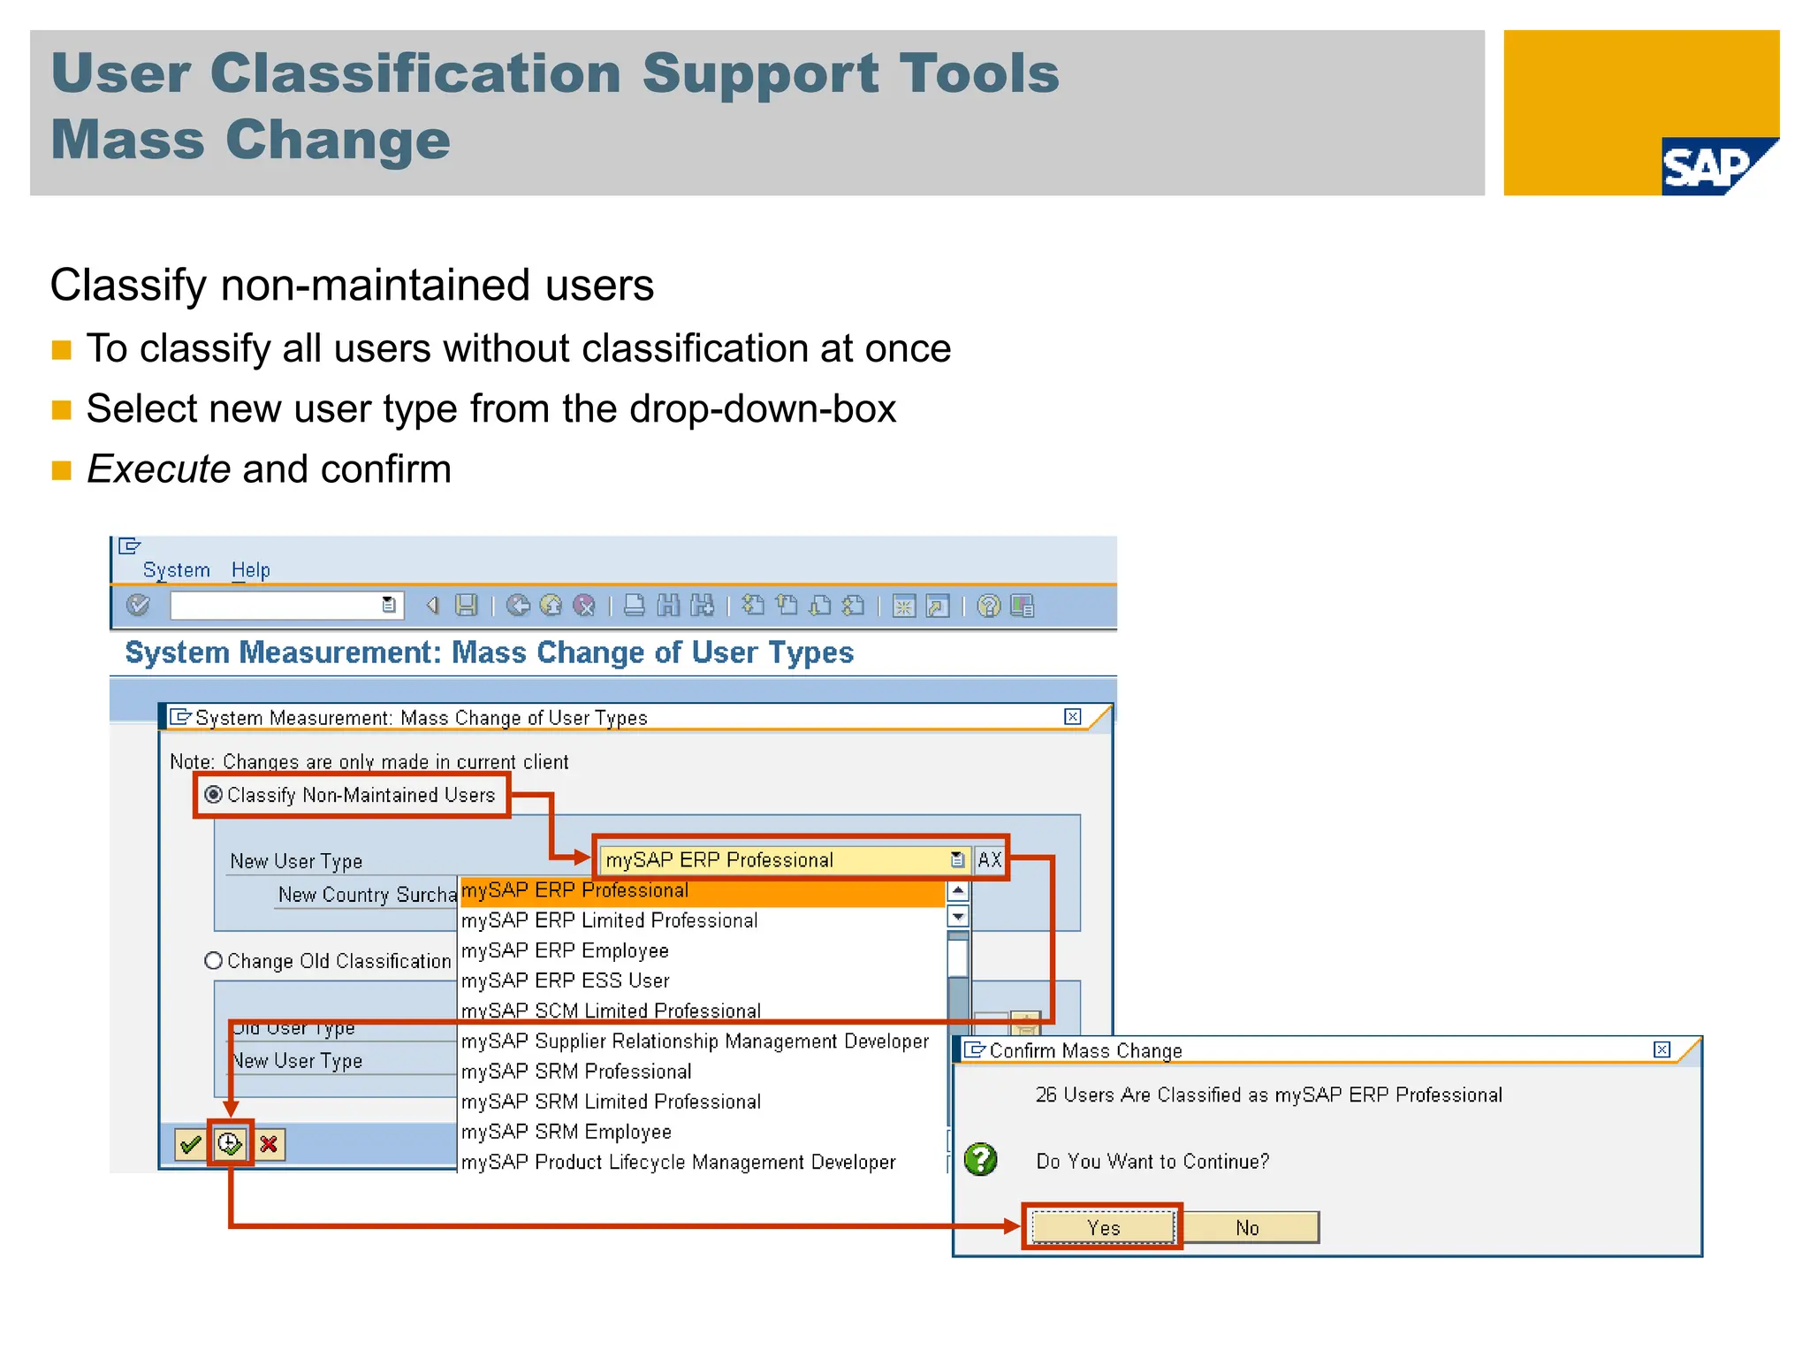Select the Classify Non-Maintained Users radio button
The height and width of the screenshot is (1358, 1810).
tap(213, 794)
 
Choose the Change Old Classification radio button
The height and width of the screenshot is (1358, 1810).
tap(213, 960)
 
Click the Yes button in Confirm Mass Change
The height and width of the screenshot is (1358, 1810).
tap(1103, 1227)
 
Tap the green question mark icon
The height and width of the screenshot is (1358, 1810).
tap(980, 1159)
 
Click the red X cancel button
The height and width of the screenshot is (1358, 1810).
tap(269, 1145)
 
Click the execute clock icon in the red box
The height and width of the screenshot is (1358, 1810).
tap(230, 1144)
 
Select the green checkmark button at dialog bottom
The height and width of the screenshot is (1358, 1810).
tap(190, 1145)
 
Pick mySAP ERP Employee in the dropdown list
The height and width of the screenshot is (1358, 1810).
tap(565, 950)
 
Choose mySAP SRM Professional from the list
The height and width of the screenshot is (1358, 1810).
tap(576, 1072)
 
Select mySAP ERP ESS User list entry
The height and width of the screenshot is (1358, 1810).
tap(565, 980)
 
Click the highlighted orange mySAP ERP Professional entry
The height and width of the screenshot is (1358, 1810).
tap(574, 891)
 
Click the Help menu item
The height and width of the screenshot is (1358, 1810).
tap(251, 570)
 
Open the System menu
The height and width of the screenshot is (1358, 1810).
tap(177, 570)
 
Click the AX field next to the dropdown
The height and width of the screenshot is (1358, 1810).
tap(989, 859)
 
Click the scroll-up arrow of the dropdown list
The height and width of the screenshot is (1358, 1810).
tap(958, 890)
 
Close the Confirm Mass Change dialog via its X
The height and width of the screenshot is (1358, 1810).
tap(1662, 1049)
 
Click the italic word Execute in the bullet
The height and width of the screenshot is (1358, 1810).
tap(159, 469)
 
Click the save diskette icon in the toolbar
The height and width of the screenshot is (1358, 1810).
tap(466, 606)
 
